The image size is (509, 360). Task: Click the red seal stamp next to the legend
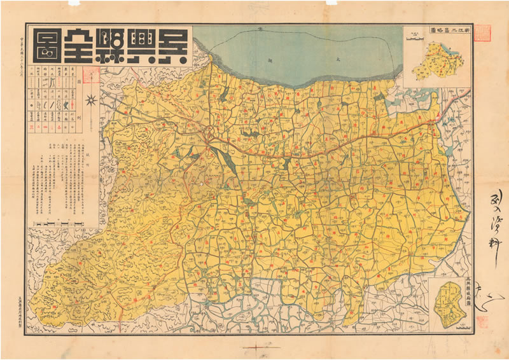(90, 76)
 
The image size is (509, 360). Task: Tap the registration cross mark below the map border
(255, 347)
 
